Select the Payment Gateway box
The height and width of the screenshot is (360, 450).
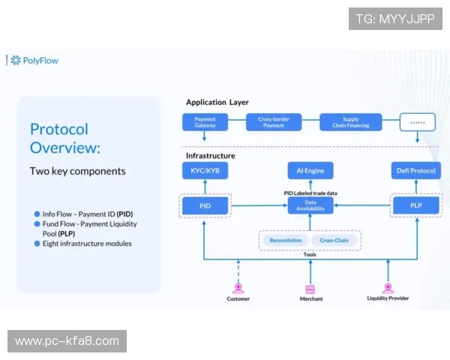click(x=205, y=121)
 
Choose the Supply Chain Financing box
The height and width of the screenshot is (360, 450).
click(x=350, y=121)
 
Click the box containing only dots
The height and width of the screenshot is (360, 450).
click(x=417, y=121)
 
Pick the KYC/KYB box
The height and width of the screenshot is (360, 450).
click(x=205, y=172)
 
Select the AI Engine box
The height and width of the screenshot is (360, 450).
click(x=310, y=172)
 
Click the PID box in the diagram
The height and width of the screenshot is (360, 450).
click(x=205, y=205)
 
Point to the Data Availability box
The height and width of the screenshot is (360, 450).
click(x=310, y=205)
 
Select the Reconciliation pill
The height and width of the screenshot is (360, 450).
click(x=286, y=240)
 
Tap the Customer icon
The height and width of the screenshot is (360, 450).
click(x=238, y=287)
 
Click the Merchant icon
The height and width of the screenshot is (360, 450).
click(x=310, y=288)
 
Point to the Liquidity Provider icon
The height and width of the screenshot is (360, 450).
click(x=388, y=287)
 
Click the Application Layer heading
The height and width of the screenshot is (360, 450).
click(x=217, y=102)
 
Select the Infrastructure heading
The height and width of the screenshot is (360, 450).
click(x=210, y=156)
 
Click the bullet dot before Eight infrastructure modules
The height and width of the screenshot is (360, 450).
click(x=37, y=244)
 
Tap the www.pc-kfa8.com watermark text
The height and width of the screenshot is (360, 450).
click(x=67, y=341)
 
